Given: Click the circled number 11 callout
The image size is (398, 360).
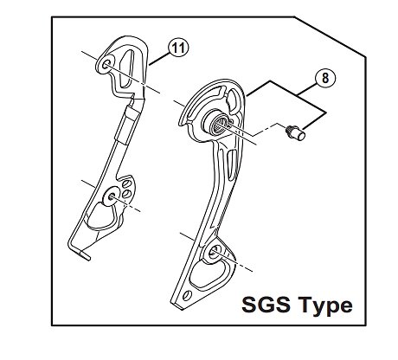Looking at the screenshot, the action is [x=178, y=48].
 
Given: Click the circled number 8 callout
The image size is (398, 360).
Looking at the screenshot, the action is [x=325, y=78].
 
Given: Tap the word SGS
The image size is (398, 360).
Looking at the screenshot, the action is [x=266, y=305].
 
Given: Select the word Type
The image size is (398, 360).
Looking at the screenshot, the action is [x=325, y=306].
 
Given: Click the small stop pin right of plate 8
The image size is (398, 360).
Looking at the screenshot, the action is [x=295, y=132].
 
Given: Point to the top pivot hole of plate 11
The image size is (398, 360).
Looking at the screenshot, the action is [x=106, y=65].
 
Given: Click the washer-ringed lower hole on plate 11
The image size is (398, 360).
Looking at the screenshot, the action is [x=111, y=196].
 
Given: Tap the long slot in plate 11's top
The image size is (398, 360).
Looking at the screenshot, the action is [x=128, y=68].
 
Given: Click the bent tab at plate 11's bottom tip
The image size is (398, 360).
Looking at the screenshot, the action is [x=85, y=255].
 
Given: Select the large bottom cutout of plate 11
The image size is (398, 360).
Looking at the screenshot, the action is [x=101, y=216].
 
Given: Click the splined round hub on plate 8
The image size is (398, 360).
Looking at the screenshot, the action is [x=219, y=125].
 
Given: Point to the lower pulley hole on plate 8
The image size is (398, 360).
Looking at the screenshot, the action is [x=215, y=253].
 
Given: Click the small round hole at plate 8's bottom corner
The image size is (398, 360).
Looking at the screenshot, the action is [x=188, y=296].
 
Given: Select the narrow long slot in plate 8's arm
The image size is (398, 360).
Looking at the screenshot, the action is [x=230, y=167].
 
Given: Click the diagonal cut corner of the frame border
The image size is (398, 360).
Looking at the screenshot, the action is [x=330, y=36].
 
